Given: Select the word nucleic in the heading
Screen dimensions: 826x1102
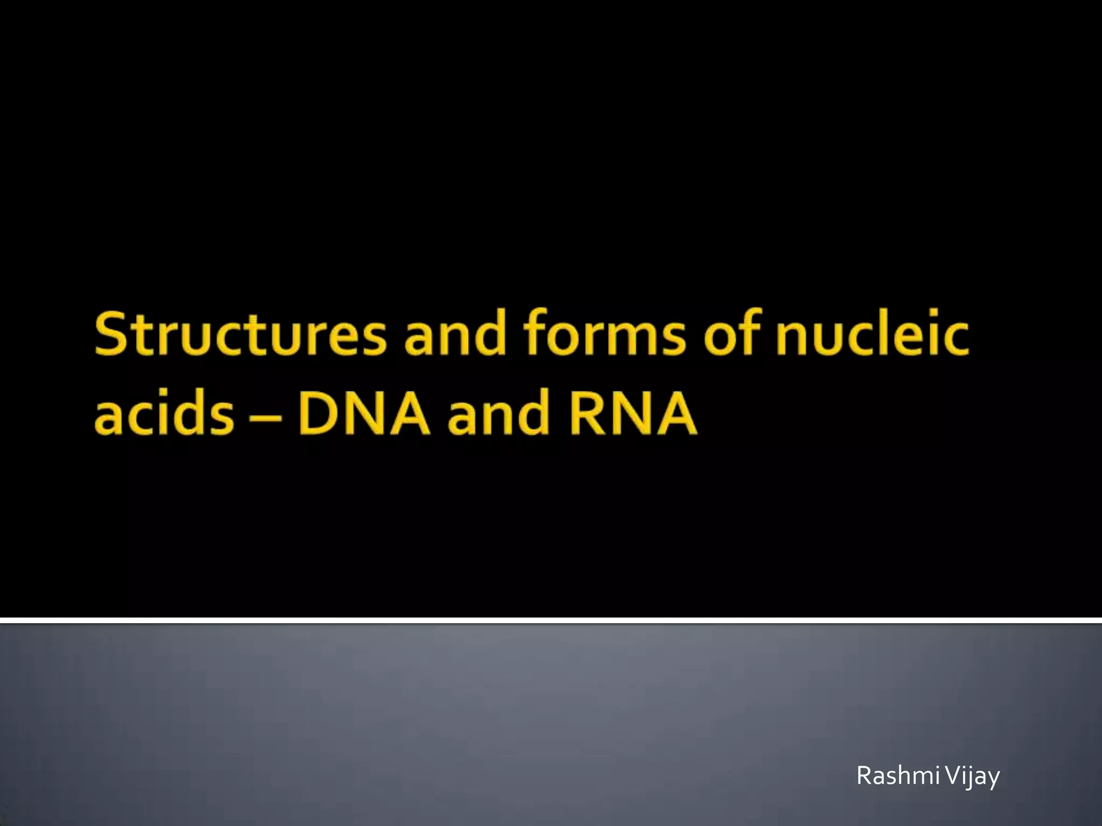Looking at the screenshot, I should tap(872, 334).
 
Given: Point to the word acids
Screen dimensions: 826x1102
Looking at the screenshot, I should tap(164, 413).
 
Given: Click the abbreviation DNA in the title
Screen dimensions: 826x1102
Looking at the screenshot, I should tap(364, 413).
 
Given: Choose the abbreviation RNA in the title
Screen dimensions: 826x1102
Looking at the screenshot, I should tap(633, 413).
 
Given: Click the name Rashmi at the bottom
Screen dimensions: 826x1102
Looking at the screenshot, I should tap(898, 775).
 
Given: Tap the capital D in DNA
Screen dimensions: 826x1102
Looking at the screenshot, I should tap(320, 413).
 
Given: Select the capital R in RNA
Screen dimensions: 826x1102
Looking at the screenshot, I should tap(587, 413).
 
